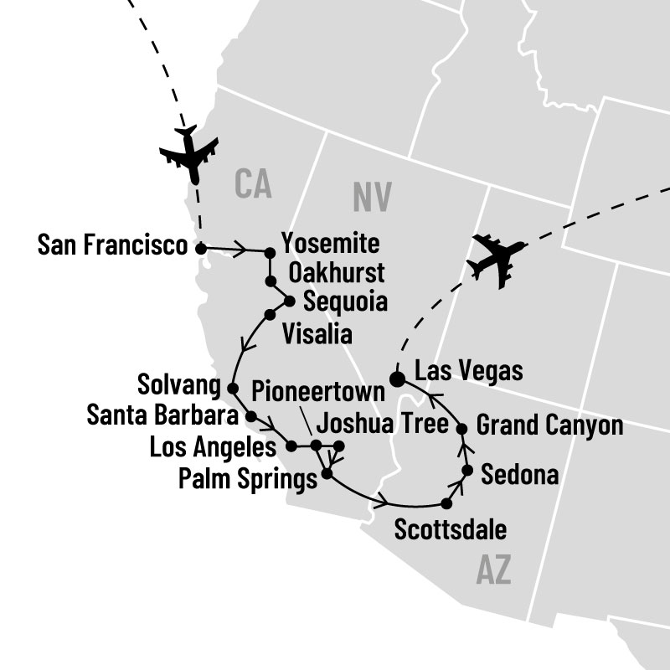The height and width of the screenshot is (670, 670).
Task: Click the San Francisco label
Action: click(112, 246)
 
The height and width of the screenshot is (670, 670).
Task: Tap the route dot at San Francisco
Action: click(199, 248)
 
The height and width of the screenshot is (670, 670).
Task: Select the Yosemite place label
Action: click(331, 245)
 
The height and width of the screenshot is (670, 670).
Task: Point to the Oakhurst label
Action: click(335, 273)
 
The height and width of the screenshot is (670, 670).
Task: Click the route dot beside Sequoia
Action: click(290, 301)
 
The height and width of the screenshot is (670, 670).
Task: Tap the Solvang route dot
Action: click(231, 387)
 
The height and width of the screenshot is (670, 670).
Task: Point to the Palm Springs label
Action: click(249, 479)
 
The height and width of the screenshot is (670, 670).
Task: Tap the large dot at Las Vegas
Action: click(399, 378)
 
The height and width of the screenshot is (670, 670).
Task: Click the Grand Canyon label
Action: click(549, 425)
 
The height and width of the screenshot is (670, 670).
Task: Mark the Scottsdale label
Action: click(450, 530)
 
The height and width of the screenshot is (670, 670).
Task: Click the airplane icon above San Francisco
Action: click(190, 152)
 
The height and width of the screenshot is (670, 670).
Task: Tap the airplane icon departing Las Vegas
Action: click(498, 259)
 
